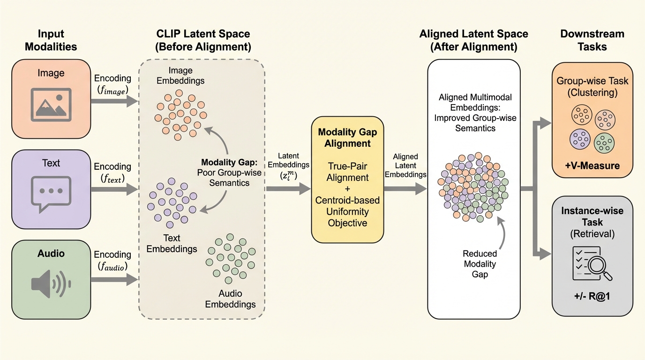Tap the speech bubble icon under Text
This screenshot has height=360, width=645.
(51, 191)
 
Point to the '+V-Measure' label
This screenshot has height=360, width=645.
(592, 165)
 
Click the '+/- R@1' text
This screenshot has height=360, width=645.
(592, 297)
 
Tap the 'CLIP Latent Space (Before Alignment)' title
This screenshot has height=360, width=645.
(203, 40)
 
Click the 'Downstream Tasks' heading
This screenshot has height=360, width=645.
(592, 40)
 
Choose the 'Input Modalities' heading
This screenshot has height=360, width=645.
(51, 40)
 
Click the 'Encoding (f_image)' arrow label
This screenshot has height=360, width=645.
(112, 84)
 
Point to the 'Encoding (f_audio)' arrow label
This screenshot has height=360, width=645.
(112, 261)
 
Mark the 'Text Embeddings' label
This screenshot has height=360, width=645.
(172, 243)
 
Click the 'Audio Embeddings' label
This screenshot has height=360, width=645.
(230, 299)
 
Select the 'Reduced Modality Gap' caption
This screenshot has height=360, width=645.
(480, 264)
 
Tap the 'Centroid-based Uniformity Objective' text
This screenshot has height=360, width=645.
(347, 211)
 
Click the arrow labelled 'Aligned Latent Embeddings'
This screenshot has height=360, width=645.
(405, 189)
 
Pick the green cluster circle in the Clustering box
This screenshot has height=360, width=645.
(604, 142)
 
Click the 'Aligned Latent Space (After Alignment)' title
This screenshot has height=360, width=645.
(474, 40)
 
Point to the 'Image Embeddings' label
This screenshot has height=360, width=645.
(180, 75)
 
